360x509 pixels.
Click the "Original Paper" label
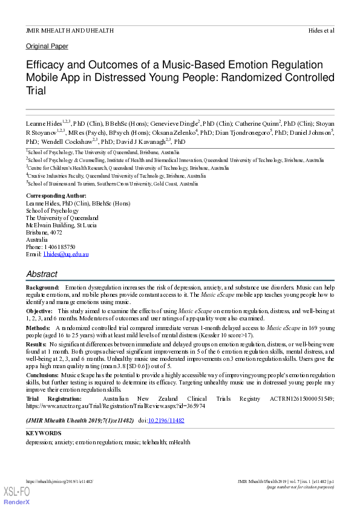click(x=47, y=46)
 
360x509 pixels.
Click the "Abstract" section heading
click(x=42, y=274)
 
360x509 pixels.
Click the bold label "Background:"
click(x=42, y=287)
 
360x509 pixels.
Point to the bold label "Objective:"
click(x=39, y=310)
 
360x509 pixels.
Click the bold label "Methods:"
click(x=38, y=327)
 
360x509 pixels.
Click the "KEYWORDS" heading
click(x=43, y=433)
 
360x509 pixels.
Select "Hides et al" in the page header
click(x=321, y=30)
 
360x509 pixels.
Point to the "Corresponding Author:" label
click(x=56, y=196)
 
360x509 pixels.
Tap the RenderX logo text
click(x=16, y=502)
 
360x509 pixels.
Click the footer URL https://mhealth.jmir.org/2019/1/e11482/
click(x=59, y=481)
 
